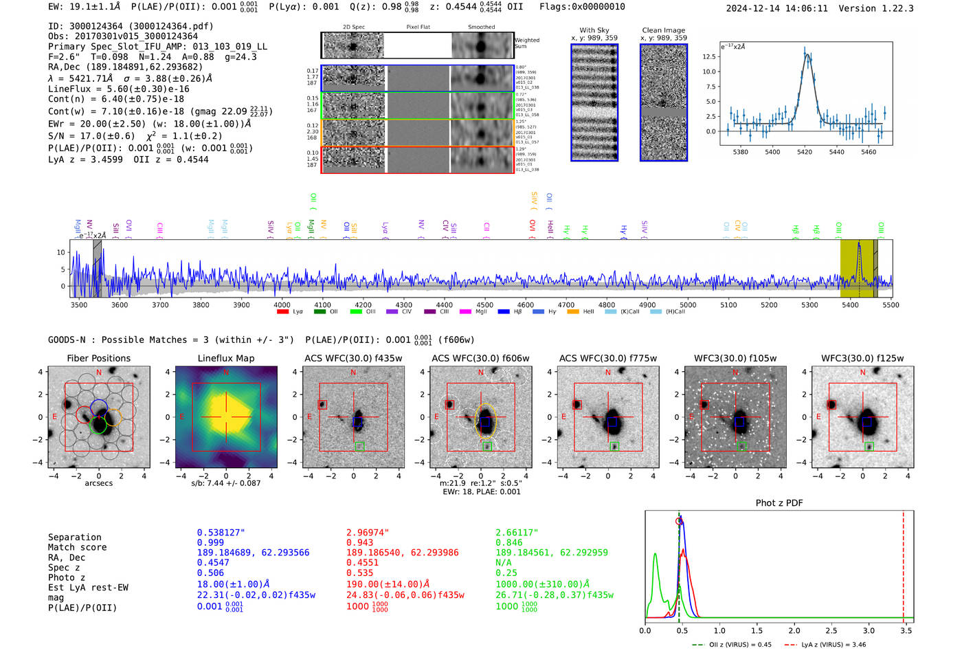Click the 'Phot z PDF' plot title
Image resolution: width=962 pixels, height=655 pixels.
click(x=779, y=503)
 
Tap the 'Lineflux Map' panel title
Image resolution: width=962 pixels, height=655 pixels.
click(x=225, y=358)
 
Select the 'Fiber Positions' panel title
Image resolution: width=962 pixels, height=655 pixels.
click(x=98, y=358)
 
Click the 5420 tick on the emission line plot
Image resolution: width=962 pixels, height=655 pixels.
click(x=805, y=152)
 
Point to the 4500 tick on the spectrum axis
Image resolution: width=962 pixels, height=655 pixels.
click(x=484, y=304)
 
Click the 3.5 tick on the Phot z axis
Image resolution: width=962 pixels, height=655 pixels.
click(x=906, y=630)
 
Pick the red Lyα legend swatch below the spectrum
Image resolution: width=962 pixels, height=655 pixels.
click(x=282, y=312)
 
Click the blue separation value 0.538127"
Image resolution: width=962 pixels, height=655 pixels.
click(x=221, y=533)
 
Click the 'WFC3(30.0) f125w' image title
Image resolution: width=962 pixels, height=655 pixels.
click(x=862, y=358)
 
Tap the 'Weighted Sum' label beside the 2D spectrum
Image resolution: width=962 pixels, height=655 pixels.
click(x=527, y=43)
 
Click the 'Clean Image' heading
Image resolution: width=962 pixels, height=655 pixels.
click(x=663, y=30)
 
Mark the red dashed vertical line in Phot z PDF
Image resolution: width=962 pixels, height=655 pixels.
click(x=903, y=564)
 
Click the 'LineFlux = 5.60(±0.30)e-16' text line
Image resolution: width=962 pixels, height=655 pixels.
click(x=119, y=89)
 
